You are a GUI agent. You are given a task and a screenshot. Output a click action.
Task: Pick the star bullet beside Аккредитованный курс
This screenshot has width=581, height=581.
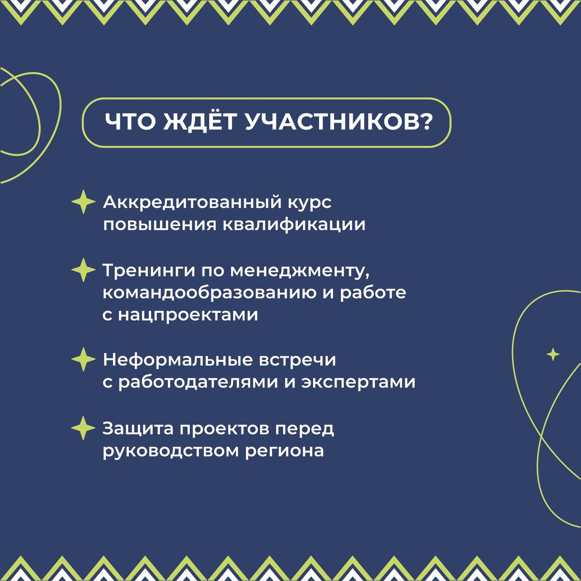tap(84, 202)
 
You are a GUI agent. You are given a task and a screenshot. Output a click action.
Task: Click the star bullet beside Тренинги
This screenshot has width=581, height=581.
tap(84, 270)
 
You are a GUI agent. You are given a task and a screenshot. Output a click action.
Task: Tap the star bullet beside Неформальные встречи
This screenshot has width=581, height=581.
tap(84, 359)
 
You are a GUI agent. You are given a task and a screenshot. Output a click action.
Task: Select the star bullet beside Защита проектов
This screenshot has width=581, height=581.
tap(84, 428)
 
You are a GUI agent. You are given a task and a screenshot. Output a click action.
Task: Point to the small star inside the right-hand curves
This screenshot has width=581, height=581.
tap(553, 354)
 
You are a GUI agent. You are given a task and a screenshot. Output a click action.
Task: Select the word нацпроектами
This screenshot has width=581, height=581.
tap(188, 315)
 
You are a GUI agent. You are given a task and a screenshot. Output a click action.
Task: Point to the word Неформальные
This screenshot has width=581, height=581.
tap(177, 360)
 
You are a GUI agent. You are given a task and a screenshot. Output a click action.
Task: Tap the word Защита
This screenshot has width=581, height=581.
tap(138, 429)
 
